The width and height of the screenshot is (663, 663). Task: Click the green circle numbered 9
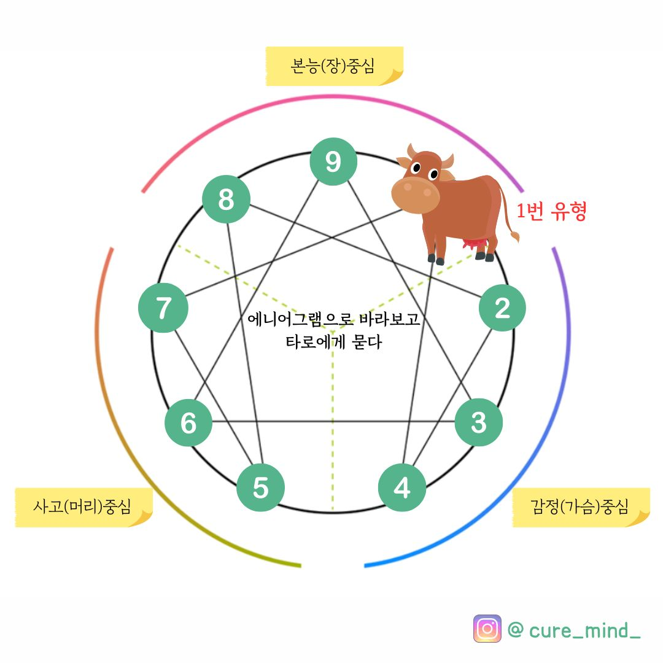[333, 161]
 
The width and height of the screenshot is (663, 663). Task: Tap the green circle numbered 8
[226, 200]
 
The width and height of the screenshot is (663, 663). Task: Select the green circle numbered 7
[163, 308]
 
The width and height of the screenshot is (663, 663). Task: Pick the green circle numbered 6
[188, 422]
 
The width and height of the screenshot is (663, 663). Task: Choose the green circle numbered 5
[261, 487]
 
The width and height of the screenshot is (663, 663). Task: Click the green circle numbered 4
[402, 488]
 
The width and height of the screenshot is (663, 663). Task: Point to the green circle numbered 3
[478, 422]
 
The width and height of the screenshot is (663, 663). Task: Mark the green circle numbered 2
[502, 308]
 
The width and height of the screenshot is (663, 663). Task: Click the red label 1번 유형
[551, 212]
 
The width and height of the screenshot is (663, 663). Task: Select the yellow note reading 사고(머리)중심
[82, 507]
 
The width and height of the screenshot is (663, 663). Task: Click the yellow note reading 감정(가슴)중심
[580, 507]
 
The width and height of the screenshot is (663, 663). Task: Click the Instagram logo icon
[487, 629]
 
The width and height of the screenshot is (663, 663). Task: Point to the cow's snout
[416, 195]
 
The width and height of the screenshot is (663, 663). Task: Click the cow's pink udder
[473, 244]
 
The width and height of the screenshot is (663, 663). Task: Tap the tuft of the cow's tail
[514, 236]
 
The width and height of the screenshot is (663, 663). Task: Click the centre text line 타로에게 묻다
[333, 342]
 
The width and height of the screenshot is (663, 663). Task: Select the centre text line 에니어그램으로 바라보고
[333, 320]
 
